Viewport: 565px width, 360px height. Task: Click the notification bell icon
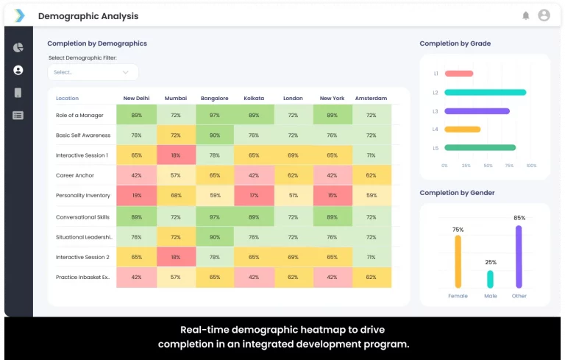526,15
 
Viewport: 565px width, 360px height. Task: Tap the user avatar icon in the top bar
544,15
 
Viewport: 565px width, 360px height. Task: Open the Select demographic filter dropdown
93,72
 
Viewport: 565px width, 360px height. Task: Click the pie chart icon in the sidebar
18,48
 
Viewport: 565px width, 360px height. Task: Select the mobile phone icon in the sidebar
18,93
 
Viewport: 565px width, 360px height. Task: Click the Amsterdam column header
371,98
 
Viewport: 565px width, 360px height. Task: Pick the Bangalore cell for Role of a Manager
215,116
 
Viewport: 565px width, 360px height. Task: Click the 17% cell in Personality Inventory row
254,196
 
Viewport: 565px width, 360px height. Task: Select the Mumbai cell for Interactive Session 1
176,155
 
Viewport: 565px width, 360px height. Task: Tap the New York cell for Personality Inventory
333,196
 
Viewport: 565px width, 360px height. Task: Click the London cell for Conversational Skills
293,217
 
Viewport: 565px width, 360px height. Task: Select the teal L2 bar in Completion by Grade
485,93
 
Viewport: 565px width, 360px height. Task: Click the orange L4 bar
463,130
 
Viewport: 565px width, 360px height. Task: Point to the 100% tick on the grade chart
531,166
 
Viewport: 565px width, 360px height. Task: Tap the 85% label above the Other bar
519,218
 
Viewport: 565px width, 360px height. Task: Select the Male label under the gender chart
490,296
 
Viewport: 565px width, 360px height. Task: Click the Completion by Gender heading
457,193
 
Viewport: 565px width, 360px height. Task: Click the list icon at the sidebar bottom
18,115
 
